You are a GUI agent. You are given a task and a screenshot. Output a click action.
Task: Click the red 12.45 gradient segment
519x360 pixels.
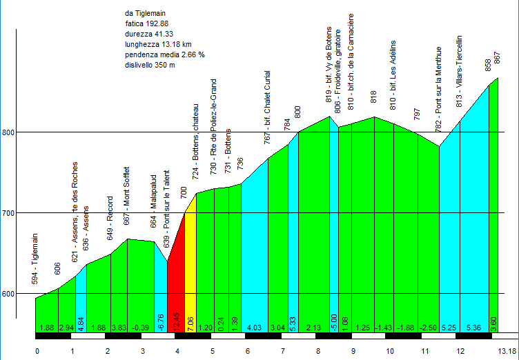(175, 290)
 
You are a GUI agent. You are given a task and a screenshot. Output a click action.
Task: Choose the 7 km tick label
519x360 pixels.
(283, 351)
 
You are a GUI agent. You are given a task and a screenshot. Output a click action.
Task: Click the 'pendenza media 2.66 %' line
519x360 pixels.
(164, 54)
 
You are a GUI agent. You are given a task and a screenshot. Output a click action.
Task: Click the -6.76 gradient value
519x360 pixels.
(161, 320)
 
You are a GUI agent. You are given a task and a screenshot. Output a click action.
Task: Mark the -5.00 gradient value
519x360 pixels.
(334, 320)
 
